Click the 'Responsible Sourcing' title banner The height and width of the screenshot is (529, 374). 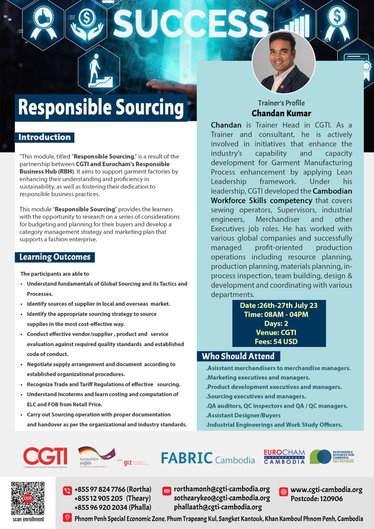(x=101, y=107)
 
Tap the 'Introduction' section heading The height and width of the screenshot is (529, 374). (x=45, y=137)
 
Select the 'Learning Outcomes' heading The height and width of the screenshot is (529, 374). (x=55, y=257)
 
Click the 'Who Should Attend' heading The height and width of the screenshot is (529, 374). (x=238, y=356)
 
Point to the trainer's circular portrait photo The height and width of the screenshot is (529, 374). (x=283, y=62)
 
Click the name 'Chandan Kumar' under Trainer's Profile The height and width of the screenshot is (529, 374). (x=281, y=113)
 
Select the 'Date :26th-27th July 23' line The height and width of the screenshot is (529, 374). (x=279, y=306)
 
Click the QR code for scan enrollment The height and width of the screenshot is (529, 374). (x=28, y=498)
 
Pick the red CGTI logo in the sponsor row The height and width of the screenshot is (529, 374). (x=45, y=457)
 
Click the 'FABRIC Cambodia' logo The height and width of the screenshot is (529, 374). (x=207, y=458)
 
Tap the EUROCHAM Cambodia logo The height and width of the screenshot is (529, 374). (x=284, y=457)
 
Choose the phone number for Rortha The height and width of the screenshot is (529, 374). (x=112, y=490)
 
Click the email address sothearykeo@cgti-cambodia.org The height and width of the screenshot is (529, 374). (x=222, y=498)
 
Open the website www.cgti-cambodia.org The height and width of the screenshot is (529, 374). (x=326, y=490)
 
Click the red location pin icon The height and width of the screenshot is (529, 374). (x=67, y=518)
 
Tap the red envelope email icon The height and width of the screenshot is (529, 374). (x=167, y=491)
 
